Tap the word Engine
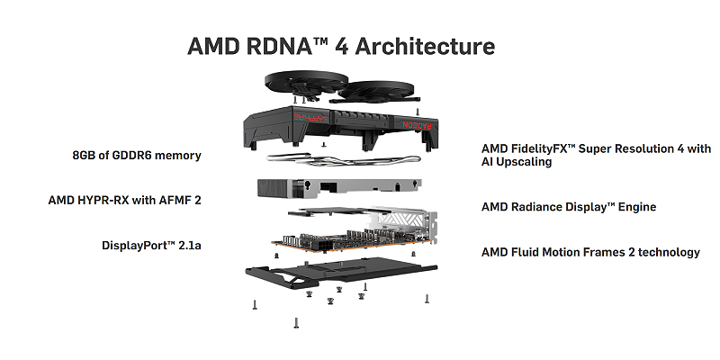coord(635,207)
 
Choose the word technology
coord(661,252)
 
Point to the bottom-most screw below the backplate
coord(294,322)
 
